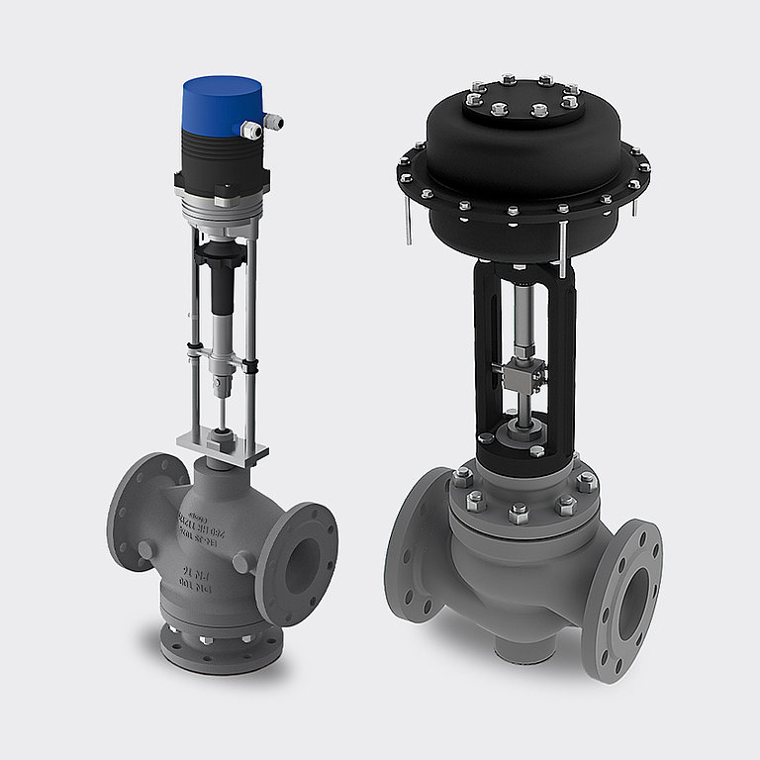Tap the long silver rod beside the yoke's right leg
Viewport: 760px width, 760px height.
coord(562,247)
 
